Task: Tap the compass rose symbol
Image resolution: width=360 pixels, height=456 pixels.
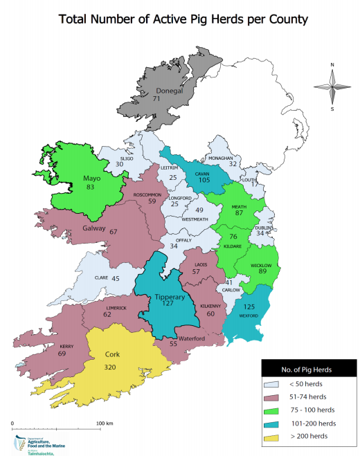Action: click(332, 86)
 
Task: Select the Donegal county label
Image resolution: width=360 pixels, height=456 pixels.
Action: click(169, 91)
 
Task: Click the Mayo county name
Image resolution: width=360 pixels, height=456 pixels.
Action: click(92, 177)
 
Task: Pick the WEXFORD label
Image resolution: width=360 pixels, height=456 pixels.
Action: click(248, 316)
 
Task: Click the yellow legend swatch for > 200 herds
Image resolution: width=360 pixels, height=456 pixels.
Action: click(272, 437)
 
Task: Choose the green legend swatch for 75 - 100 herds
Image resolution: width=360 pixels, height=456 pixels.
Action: click(272, 410)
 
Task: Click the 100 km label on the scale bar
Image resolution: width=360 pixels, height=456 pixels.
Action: click(104, 423)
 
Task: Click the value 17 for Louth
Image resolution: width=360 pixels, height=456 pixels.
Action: click(254, 184)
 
